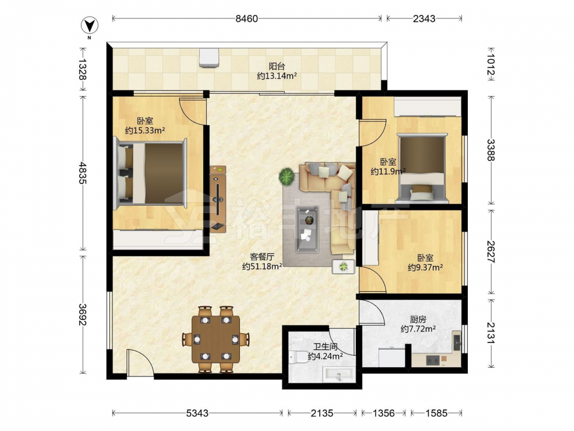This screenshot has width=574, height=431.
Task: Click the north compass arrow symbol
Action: [90, 26]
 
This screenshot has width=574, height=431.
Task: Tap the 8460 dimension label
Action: [247, 18]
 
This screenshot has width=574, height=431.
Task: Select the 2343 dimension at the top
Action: [424, 18]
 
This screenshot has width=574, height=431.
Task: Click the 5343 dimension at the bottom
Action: [197, 413]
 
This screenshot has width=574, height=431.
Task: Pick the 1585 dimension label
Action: [436, 413]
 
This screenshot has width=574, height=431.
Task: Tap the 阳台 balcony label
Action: [277, 66]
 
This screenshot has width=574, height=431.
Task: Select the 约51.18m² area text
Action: [262, 267]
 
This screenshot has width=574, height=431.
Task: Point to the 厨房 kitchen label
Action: [418, 319]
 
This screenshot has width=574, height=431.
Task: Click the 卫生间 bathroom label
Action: [325, 347]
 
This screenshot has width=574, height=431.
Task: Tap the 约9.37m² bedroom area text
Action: [425, 268]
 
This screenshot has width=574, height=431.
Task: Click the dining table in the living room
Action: [216, 339]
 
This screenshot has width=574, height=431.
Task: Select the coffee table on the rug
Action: [308, 229]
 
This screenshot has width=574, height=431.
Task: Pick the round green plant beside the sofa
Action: [286, 176]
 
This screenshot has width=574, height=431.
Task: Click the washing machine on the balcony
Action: [210, 57]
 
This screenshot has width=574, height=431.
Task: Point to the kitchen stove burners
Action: [433, 361]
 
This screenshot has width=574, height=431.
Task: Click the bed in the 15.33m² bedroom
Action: [150, 173]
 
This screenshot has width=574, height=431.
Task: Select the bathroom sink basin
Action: [338, 375]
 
